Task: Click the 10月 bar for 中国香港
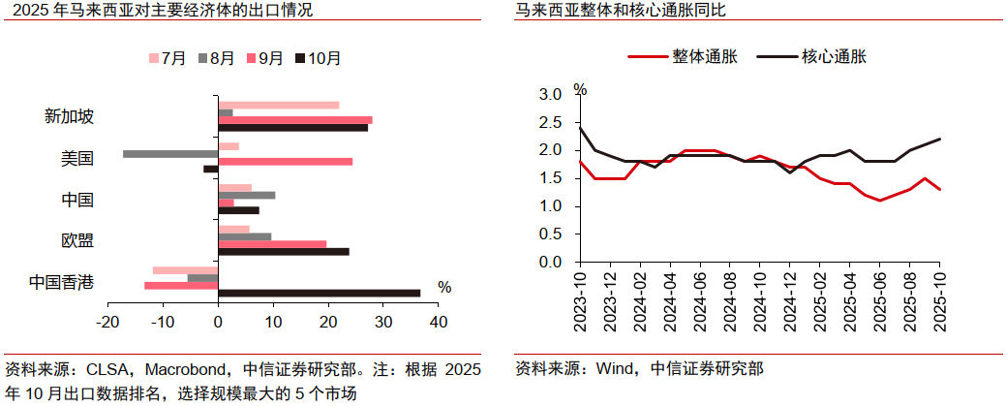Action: pos(320,293)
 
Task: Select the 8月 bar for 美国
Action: pos(170,153)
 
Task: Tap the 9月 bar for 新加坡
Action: pos(295,120)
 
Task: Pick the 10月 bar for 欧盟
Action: pos(284,251)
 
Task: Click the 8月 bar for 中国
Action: pos(247,195)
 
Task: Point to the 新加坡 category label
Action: pos(70,116)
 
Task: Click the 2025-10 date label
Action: pos(940,300)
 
